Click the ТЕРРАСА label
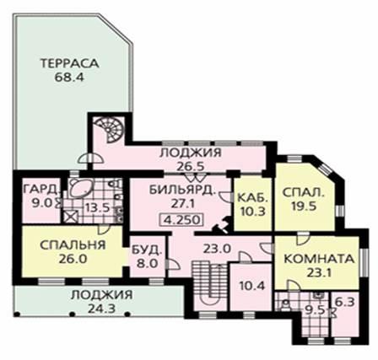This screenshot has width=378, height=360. (70, 63)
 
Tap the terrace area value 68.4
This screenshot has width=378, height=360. (69, 78)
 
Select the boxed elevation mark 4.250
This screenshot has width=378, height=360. (181, 220)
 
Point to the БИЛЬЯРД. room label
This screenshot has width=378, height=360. (182, 191)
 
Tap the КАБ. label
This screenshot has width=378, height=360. (252, 197)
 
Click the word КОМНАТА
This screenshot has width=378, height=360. (319, 259)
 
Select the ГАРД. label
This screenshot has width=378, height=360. (42, 189)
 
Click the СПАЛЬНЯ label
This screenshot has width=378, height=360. (73, 244)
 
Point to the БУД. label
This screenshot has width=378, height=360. (147, 250)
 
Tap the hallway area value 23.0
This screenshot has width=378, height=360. (217, 249)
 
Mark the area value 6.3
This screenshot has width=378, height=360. (345, 303)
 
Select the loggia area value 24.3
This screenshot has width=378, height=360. (101, 309)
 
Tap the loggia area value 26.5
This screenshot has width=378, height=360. (190, 167)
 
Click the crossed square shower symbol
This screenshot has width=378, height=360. (68, 217)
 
